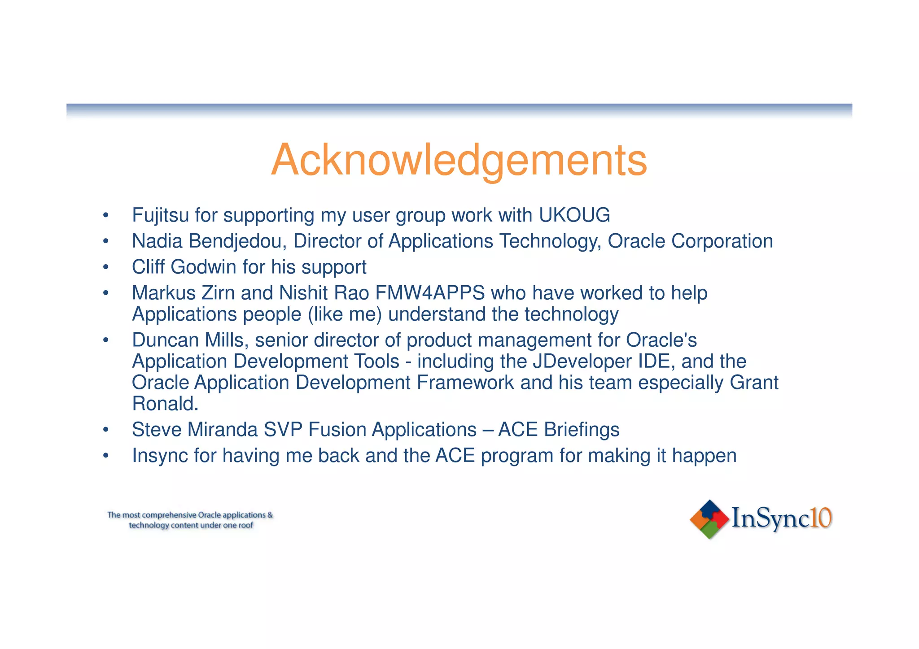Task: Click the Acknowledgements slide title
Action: (x=459, y=160)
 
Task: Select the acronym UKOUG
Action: (x=574, y=215)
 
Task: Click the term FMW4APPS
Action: (x=429, y=293)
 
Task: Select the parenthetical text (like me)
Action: (x=345, y=314)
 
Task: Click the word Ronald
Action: (x=165, y=404)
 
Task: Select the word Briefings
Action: (x=582, y=430)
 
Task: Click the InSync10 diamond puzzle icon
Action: (x=709, y=519)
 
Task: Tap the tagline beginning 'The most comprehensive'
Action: (x=190, y=520)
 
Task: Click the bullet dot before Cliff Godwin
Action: (x=105, y=268)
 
